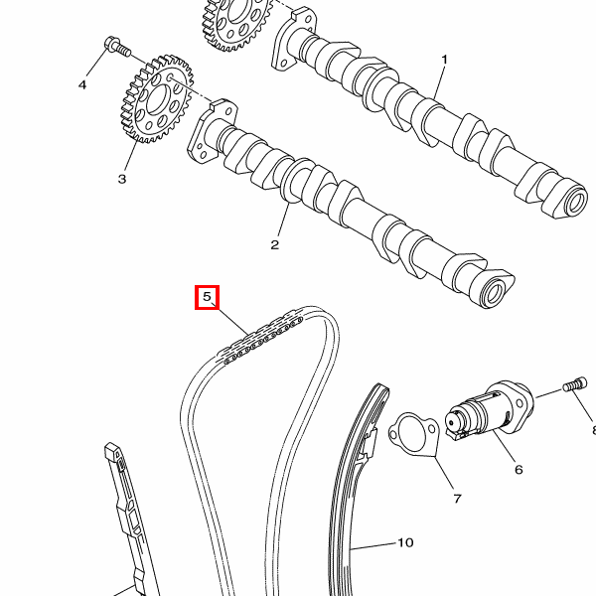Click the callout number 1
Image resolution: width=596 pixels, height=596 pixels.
[x=444, y=60]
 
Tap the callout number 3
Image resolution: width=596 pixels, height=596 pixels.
[x=122, y=180]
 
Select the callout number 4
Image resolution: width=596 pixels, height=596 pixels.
[x=82, y=85]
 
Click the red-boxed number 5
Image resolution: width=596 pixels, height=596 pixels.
[x=207, y=297]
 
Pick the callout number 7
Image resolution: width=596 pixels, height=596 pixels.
[x=457, y=498]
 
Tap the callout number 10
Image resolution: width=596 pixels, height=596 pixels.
[x=404, y=542]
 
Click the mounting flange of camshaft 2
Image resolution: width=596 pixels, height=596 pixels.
[x=211, y=130]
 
